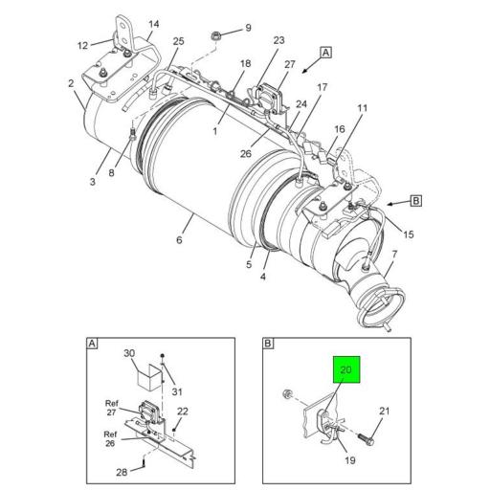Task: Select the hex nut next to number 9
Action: click(x=216, y=39)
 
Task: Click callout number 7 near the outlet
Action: click(x=394, y=254)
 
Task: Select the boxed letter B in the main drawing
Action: click(x=416, y=200)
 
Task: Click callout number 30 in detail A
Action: click(x=130, y=352)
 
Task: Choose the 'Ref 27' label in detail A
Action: click(x=112, y=408)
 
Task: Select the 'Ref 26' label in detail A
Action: click(x=112, y=438)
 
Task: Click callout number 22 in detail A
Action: click(x=183, y=412)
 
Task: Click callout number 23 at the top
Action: click(x=278, y=40)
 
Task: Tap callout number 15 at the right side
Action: click(x=409, y=234)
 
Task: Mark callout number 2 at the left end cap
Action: click(x=71, y=83)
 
